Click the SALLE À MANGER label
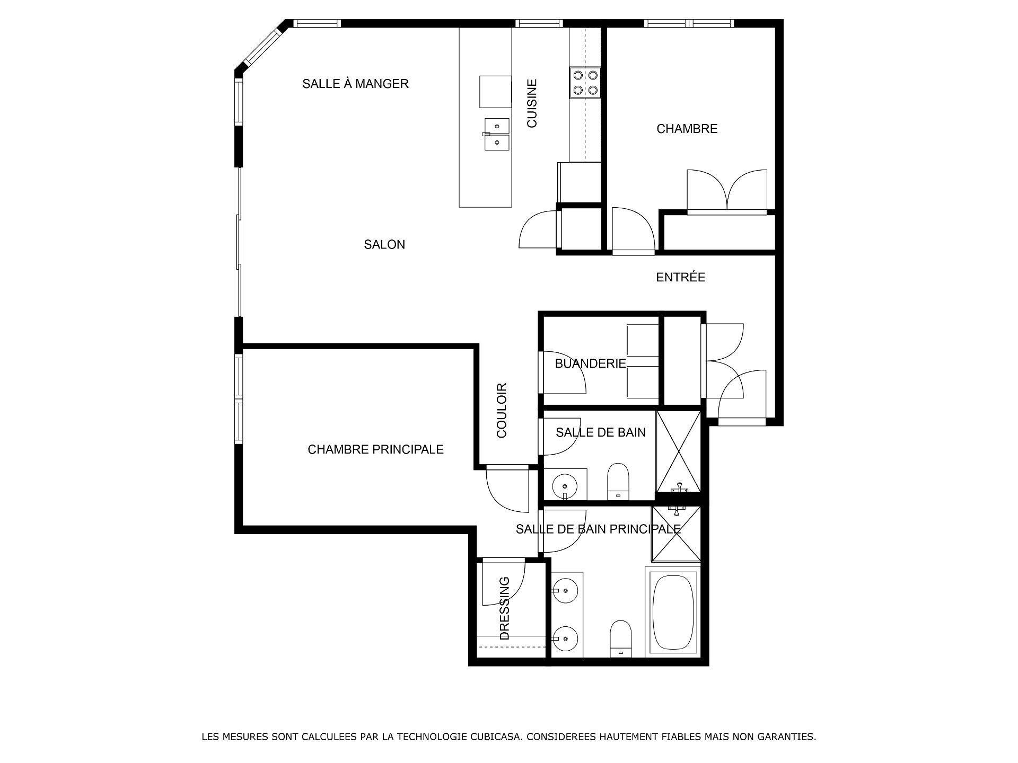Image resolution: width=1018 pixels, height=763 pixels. [x=355, y=84]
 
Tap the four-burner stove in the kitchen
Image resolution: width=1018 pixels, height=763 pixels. [x=585, y=83]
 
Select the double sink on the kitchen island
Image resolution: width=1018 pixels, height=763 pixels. [x=497, y=135]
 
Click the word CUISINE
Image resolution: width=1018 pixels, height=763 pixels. [x=532, y=103]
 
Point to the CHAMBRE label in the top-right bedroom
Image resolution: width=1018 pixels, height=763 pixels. [x=687, y=129]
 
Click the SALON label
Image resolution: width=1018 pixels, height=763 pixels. [x=384, y=245]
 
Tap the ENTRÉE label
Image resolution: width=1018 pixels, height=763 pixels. [x=680, y=277]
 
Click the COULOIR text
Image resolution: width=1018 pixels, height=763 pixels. [x=502, y=410]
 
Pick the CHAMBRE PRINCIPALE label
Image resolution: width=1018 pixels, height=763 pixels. [x=375, y=449]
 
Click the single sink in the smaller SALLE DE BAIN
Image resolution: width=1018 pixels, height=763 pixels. [x=565, y=484]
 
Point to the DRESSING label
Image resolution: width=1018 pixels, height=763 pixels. [x=504, y=608]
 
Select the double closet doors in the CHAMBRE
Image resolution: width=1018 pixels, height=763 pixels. [x=727, y=191]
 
